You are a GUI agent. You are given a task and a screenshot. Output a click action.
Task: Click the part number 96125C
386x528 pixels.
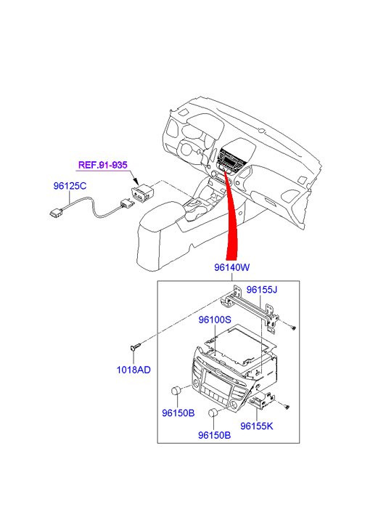click(x=70, y=185)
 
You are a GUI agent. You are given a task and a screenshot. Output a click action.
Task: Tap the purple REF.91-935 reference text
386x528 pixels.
click(x=102, y=165)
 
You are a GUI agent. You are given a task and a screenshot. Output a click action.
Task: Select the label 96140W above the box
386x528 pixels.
click(x=232, y=267)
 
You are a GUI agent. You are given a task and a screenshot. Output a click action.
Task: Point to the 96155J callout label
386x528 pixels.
click(x=261, y=290)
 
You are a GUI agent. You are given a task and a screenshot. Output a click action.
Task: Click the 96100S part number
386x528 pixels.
click(x=215, y=320)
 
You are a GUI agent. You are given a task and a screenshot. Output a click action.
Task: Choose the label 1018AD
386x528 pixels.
click(x=134, y=370)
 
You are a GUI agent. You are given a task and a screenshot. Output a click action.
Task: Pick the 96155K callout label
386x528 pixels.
click(x=257, y=426)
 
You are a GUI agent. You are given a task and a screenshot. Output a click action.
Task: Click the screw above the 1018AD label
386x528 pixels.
click(x=135, y=347)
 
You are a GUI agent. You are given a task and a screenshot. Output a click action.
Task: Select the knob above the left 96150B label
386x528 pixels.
click(x=177, y=391)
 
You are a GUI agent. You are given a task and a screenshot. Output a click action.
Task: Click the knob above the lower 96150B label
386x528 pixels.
click(x=213, y=413)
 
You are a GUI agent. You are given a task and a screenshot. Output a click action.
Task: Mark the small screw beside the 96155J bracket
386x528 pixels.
click(x=293, y=327)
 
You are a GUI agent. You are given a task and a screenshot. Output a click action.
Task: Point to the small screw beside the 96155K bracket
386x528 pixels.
click(x=287, y=407)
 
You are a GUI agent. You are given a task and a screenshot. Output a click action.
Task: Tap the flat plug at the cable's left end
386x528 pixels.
click(x=56, y=213)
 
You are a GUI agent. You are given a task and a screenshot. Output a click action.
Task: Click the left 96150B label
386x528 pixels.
click(x=178, y=413)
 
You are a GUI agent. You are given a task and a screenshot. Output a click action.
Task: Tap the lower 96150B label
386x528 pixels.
click(x=214, y=435)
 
